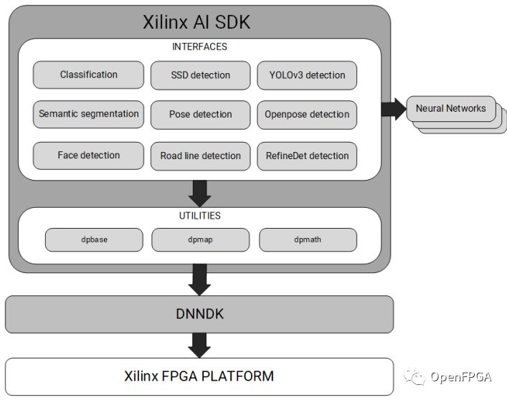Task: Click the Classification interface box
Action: click(x=88, y=75)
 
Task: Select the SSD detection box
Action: click(x=200, y=75)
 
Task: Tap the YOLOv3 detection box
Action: click(x=307, y=75)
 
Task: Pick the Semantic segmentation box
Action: click(x=88, y=114)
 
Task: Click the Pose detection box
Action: click(x=200, y=114)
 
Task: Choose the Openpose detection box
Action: click(x=307, y=114)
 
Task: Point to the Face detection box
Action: click(x=88, y=156)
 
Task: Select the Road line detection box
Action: click(x=200, y=156)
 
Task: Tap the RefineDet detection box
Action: click(x=307, y=156)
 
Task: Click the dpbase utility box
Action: click(x=94, y=239)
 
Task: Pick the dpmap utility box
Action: click(x=200, y=239)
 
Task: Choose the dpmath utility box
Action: click(x=307, y=239)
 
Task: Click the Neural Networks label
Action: click(x=450, y=109)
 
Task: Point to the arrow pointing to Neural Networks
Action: click(x=392, y=109)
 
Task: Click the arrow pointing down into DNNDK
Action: click(x=200, y=279)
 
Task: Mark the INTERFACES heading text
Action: click(x=200, y=47)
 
